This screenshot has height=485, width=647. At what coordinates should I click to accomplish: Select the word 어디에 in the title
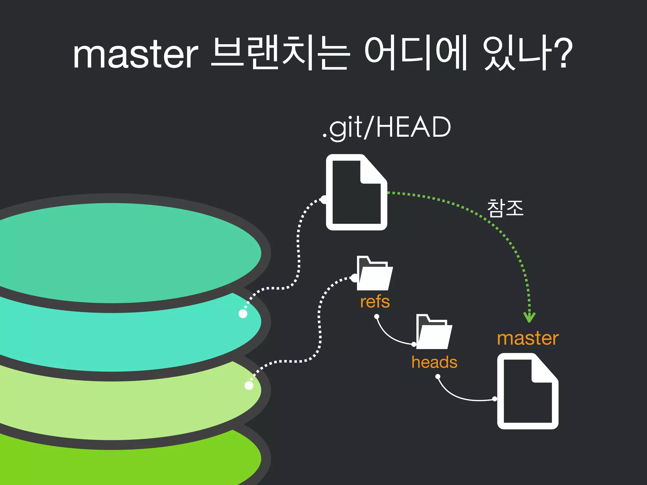(x=415, y=54)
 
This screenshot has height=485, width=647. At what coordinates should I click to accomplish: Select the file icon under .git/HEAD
(x=356, y=192)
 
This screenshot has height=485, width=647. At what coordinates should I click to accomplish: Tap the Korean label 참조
(x=505, y=208)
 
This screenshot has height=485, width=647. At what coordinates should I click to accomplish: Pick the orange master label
(x=528, y=338)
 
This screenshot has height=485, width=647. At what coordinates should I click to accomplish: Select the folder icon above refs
(x=374, y=274)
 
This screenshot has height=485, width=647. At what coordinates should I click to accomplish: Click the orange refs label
(x=375, y=302)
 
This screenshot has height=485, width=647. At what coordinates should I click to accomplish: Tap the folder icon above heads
(x=434, y=332)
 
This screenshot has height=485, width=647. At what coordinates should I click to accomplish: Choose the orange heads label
(x=434, y=362)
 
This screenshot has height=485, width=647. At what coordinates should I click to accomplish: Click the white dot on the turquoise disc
(x=243, y=314)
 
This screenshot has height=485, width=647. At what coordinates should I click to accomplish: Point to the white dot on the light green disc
(x=249, y=386)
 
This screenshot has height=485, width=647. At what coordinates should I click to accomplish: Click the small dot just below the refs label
(x=377, y=316)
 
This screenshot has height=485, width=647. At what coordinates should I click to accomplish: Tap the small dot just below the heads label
(x=438, y=376)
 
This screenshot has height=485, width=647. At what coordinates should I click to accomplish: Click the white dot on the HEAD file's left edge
(x=324, y=200)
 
